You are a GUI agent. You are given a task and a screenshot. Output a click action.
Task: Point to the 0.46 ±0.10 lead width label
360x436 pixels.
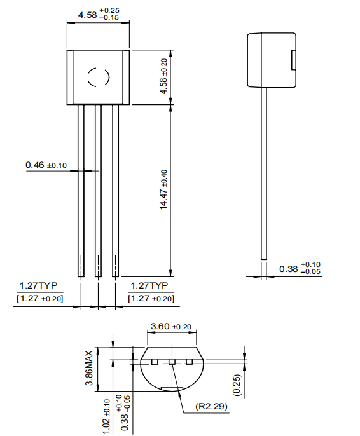click(46, 165)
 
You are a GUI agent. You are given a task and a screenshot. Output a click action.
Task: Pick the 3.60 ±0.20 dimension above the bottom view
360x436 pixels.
click(170, 326)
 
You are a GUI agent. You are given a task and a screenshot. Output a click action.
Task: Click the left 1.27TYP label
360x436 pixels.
click(38, 285)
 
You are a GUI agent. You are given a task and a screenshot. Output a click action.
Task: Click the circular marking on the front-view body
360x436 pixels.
click(98, 77)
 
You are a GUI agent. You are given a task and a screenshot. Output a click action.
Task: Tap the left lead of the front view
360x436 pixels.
click(81, 191)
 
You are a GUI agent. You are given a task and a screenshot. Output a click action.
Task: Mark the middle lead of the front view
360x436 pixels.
click(98, 191)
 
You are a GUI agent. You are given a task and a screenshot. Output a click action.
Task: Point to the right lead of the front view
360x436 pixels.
click(115, 191)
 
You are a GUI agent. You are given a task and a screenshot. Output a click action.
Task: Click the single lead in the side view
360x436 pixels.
click(263, 172)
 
